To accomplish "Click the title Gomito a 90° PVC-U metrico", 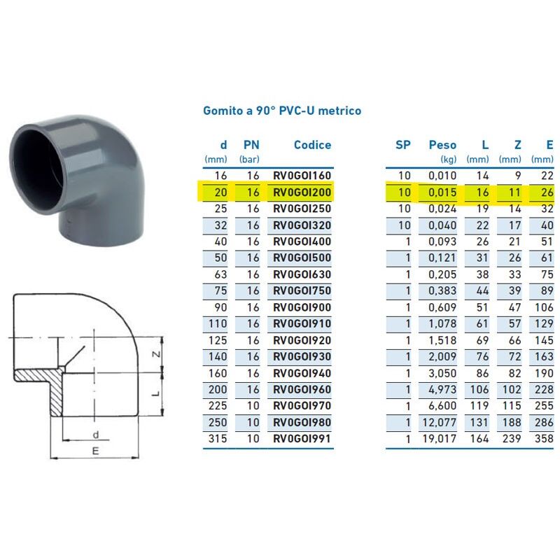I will coord(282,111).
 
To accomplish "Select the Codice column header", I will coord(312,146).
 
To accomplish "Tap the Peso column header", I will coord(442,146).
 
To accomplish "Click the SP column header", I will coord(403,146).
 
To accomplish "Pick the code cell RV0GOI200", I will coord(302,192).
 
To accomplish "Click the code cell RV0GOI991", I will coord(302,440).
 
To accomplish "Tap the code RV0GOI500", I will coord(302,258).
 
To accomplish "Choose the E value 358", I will coord(542,440).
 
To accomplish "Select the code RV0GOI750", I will coord(302,291).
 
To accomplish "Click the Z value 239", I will coord(513,440).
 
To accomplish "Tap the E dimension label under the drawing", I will coord(94,451).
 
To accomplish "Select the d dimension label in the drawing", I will coord(95,435).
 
